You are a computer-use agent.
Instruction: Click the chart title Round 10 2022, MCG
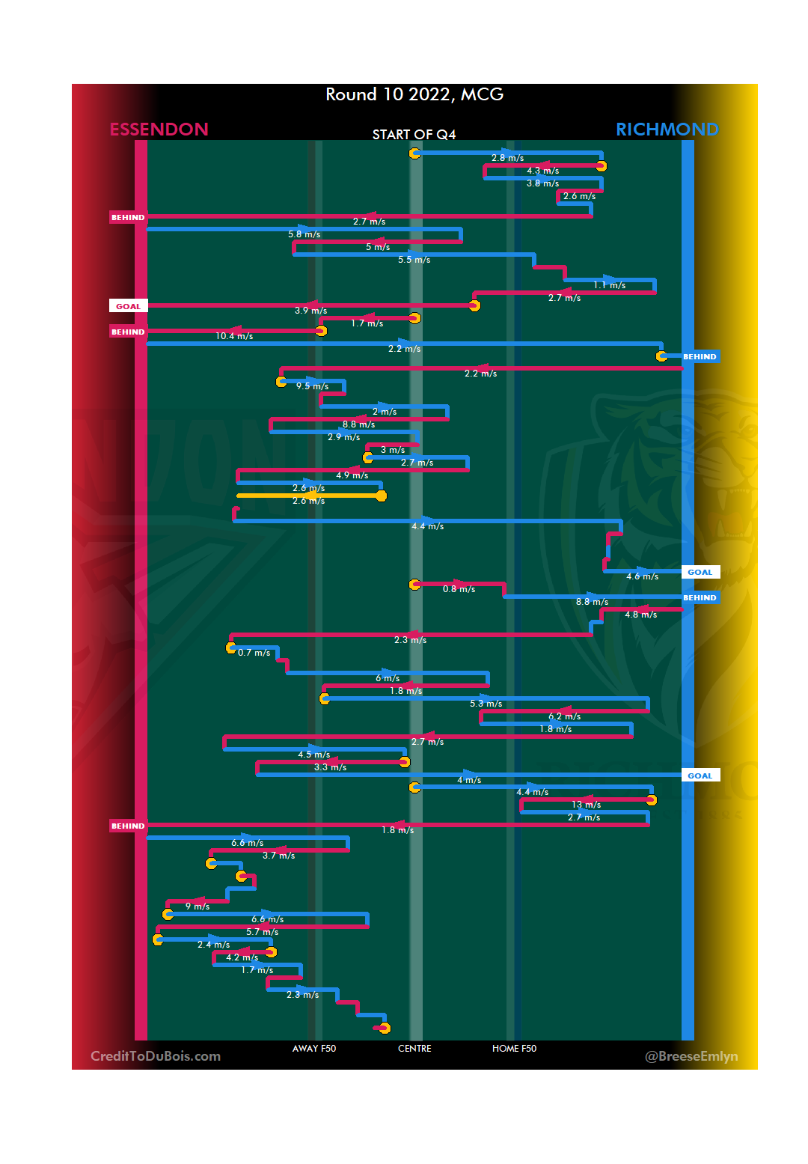tap(414, 94)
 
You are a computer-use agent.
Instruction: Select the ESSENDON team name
tap(159, 129)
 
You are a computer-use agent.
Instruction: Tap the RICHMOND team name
tap(667, 129)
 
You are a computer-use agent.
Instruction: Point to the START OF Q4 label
tap(414, 135)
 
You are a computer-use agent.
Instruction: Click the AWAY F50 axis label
tap(314, 1049)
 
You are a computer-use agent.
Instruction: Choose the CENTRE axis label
tap(414, 1049)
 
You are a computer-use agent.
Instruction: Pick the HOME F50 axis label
tap(514, 1049)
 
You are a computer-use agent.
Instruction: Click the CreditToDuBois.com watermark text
tap(156, 1056)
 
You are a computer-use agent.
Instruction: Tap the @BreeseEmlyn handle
tap(691, 1056)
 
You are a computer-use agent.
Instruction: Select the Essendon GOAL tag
tap(128, 306)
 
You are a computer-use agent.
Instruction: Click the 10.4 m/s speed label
tap(234, 336)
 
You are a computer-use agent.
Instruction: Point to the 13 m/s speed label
tap(586, 805)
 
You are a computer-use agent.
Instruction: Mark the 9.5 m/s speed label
tap(312, 386)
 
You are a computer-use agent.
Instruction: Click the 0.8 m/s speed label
tap(459, 589)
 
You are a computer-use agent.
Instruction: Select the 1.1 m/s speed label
tap(609, 285)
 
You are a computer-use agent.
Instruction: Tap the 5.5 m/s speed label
tap(414, 260)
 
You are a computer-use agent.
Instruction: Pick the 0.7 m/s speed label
tap(254, 653)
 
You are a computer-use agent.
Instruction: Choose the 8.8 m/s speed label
tap(358, 424)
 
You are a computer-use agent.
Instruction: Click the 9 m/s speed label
tap(198, 906)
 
